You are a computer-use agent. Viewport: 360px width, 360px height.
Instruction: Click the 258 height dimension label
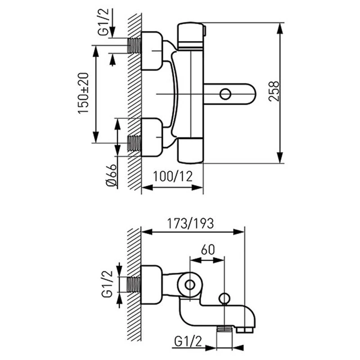click(273, 92)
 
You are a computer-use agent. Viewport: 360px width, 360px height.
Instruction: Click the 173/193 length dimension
click(190, 223)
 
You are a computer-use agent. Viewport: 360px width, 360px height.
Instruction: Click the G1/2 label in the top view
click(103, 25)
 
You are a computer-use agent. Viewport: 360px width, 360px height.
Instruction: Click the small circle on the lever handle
click(225, 94)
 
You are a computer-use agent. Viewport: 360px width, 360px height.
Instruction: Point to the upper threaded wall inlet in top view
click(135, 45)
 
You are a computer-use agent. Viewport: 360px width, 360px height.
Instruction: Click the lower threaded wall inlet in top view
click(135, 143)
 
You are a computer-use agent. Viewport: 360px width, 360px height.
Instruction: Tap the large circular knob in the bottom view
click(189, 284)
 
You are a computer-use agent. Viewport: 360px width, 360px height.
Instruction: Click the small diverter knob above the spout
click(224, 299)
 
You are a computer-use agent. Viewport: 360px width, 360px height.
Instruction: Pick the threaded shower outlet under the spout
click(224, 330)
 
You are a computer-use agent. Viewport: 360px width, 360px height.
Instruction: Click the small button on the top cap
click(204, 31)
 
